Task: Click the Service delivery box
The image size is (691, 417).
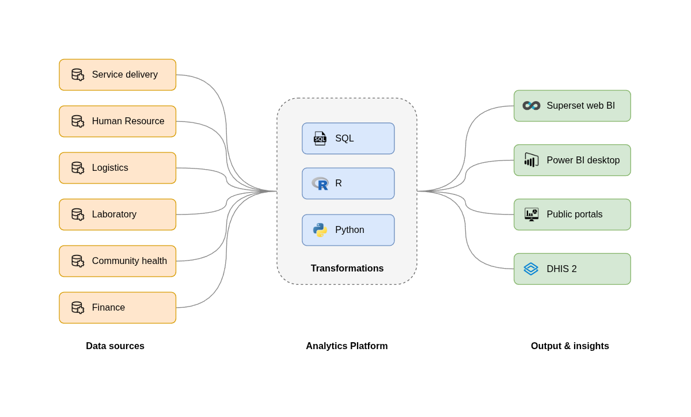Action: coord(117,75)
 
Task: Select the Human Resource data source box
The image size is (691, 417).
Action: coord(117,121)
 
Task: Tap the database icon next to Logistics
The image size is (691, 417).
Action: coord(77,168)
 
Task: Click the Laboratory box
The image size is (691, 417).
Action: coord(117,215)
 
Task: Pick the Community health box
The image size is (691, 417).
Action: coord(117,261)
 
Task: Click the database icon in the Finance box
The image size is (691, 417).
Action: coord(77,308)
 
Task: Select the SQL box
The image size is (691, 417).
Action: coord(348,139)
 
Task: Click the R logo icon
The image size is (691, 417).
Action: coord(320,184)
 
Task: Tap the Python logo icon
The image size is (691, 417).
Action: coord(320,230)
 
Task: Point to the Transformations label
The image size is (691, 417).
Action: coord(347,269)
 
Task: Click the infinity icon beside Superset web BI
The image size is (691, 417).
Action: coord(531,106)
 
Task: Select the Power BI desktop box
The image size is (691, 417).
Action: coord(572,160)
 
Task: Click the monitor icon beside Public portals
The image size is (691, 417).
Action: coord(531,215)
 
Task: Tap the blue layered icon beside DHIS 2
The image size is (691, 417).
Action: coord(531,269)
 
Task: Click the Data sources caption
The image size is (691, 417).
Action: coord(115,346)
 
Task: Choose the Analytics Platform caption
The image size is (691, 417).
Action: coord(347,346)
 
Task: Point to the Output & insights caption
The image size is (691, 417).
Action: coord(569,346)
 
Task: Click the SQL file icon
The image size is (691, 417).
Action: coord(320,139)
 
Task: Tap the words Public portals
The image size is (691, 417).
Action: coord(574,215)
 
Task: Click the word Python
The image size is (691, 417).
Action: coord(350,230)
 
